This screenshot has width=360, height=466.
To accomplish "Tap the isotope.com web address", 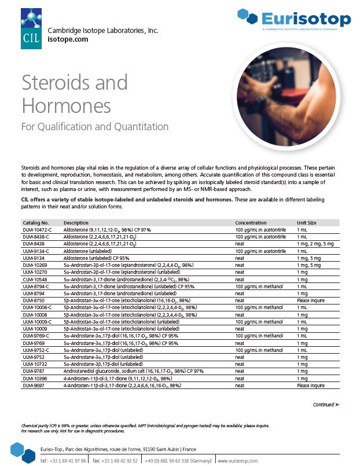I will [68, 39].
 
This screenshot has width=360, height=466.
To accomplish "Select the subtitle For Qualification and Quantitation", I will [95, 126].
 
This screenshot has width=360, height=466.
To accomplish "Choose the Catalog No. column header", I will [35, 222].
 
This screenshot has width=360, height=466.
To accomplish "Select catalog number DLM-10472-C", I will [37, 230].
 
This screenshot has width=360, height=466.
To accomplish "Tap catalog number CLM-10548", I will [34, 278].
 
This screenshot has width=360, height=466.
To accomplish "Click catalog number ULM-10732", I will [34, 364].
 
